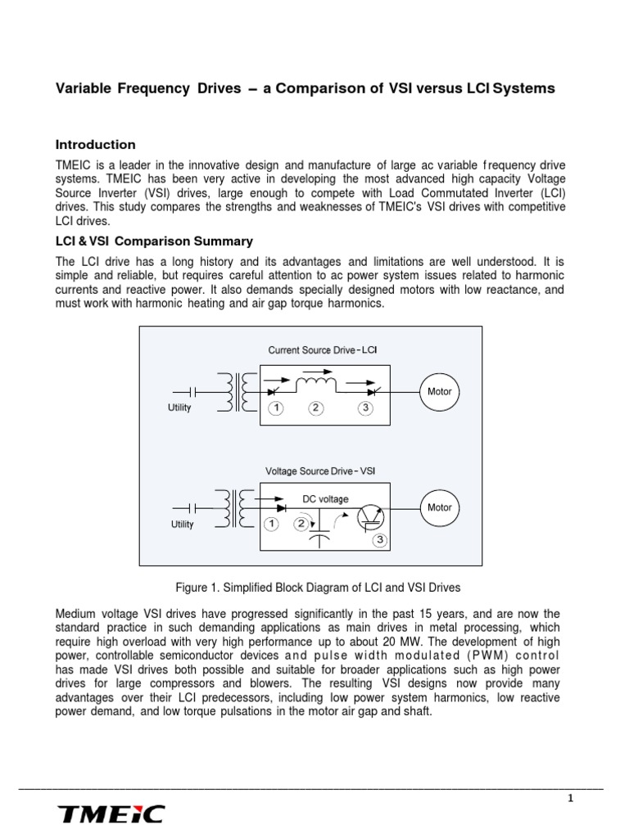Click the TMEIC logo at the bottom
pyautogui.click(x=111, y=813)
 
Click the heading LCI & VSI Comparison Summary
pyautogui.click(x=153, y=241)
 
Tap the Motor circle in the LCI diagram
pyautogui.click(x=440, y=392)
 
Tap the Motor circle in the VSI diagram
pyautogui.click(x=440, y=507)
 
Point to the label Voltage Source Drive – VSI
pyautogui.click(x=320, y=471)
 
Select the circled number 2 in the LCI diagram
pyautogui.click(x=315, y=408)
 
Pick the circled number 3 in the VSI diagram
pyautogui.click(x=379, y=541)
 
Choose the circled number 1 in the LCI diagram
pyautogui.click(x=276, y=408)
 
